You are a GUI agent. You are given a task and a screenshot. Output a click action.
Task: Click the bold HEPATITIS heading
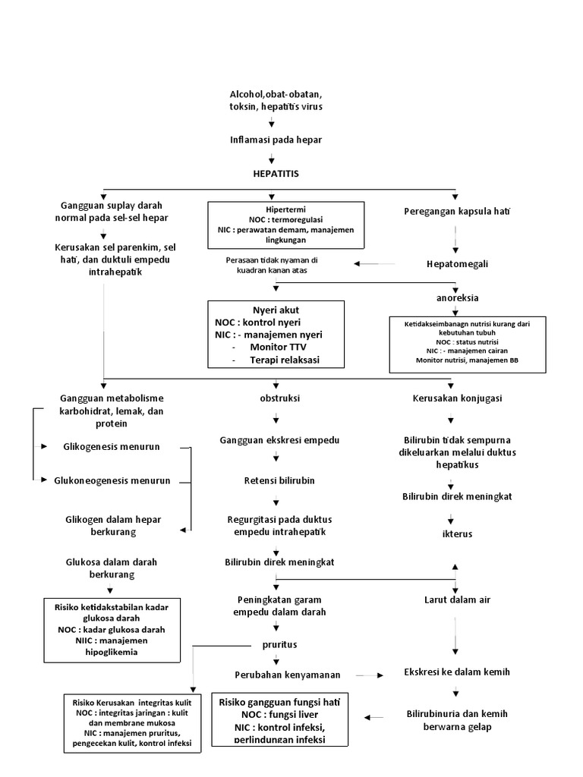click(276, 174)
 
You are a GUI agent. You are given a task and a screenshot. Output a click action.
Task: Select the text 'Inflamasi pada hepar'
click(276, 140)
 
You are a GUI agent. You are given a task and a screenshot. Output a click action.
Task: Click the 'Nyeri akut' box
click(276, 334)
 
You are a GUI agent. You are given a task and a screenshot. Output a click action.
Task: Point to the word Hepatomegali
click(456, 264)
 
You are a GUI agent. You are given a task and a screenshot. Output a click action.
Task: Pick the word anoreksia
click(457, 297)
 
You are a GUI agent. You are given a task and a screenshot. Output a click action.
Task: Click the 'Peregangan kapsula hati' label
click(456, 211)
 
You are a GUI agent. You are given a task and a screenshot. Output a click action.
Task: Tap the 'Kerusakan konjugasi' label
click(456, 398)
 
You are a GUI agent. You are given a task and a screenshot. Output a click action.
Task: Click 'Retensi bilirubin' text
click(275, 480)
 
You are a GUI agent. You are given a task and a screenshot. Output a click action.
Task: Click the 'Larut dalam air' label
click(457, 599)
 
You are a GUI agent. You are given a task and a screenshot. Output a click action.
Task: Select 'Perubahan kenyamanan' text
click(287, 674)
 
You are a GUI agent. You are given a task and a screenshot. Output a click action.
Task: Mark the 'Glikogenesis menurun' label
click(112, 447)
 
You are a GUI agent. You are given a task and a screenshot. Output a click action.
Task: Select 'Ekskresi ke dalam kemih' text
click(456, 672)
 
